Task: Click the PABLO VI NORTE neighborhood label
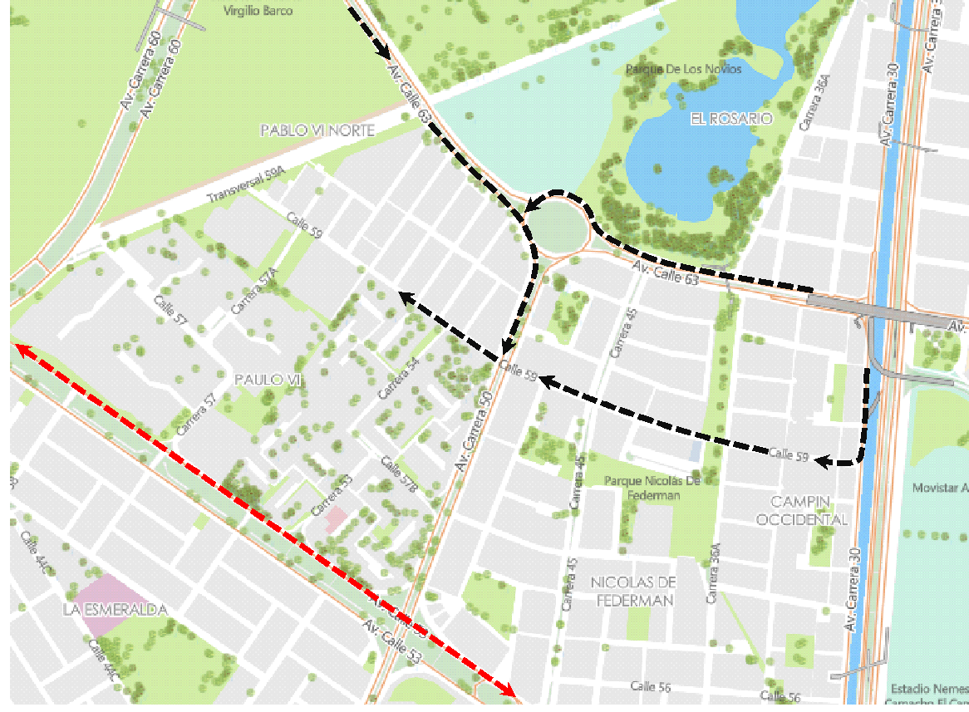point(317,130)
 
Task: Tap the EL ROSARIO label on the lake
point(731,119)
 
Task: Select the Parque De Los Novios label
point(683,69)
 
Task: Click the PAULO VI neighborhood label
point(267,379)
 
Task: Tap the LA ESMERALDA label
point(116,610)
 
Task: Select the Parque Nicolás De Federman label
point(653,488)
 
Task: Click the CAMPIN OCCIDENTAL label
point(809,510)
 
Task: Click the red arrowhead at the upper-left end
point(18,348)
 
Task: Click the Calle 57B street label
point(399,474)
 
